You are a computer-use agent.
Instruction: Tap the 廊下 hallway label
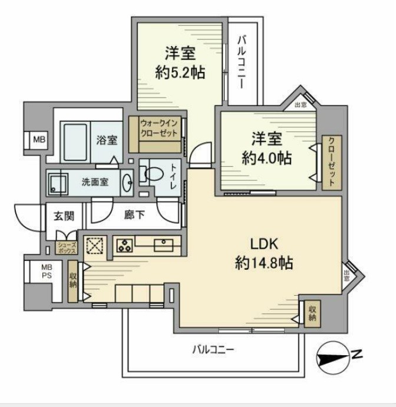coord(133,216)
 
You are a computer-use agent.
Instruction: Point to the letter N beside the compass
coord(357,355)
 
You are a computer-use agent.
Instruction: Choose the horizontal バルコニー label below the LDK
coord(213,349)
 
